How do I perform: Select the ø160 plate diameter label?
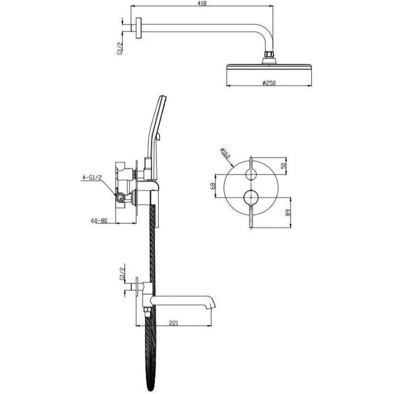(225, 153)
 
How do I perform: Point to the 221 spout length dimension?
(173, 323)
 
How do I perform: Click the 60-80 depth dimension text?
(99, 221)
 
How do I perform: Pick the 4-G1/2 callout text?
(92, 178)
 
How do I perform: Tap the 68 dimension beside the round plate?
(213, 186)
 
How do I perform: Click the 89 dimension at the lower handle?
(288, 213)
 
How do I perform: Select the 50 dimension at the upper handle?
(284, 165)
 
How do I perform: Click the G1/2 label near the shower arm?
(120, 48)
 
